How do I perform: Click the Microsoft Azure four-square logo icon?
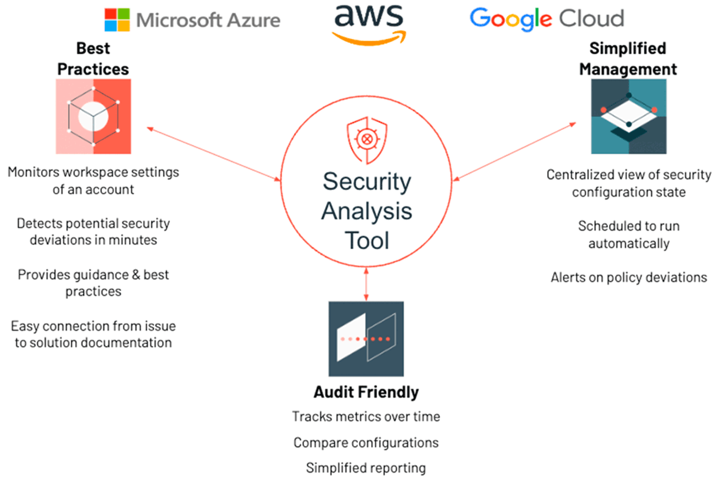click(118, 20)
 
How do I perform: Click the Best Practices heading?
click(93, 58)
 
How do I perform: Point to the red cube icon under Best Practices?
click(92, 116)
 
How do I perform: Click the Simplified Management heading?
click(628, 58)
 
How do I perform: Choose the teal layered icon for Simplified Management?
click(628, 116)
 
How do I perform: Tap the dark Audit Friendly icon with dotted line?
click(366, 339)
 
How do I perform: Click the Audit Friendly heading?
click(366, 392)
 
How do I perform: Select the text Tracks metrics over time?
click(366, 416)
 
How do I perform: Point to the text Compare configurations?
click(366, 442)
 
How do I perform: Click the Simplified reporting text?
click(366, 467)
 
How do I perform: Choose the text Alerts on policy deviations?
click(628, 277)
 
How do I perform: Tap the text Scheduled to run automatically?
click(628, 235)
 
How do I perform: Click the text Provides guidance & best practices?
click(93, 283)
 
